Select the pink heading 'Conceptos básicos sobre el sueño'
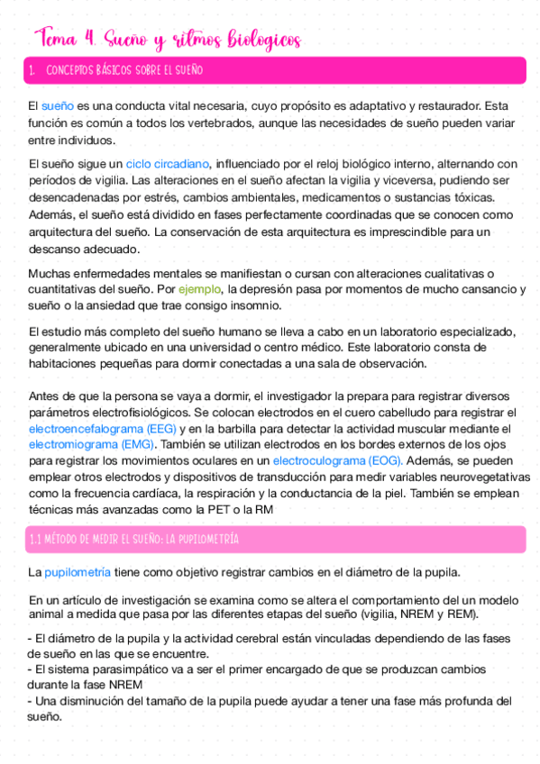coord(124,70)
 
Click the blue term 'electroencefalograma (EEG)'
coord(102,428)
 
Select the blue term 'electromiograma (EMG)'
coord(92,444)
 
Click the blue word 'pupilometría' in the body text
coord(78,572)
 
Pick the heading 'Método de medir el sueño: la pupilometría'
coord(133,539)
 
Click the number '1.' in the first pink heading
coord(32,70)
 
